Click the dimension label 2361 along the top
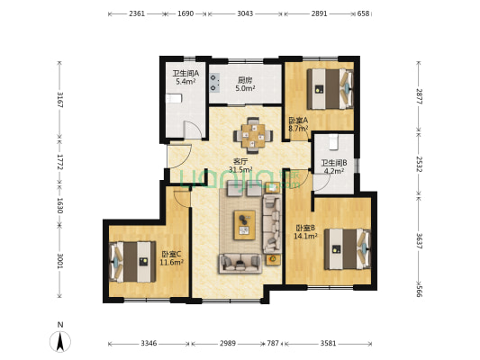point(137,13)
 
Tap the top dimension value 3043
point(245,13)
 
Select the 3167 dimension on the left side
point(60,100)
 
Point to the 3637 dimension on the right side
point(419,241)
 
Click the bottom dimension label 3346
point(149,344)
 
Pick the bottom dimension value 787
point(273,344)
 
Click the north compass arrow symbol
point(60,341)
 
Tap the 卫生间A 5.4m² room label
point(186,77)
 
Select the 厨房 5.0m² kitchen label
point(245,84)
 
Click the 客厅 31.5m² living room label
point(240,166)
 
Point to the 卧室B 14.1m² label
point(305,232)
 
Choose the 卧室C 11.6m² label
point(171,258)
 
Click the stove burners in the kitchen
point(214,82)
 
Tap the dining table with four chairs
point(253,136)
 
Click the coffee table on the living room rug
point(245,225)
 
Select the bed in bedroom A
point(330,89)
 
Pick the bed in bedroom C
point(132,262)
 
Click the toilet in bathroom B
point(333,142)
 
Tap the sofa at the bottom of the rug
point(240,264)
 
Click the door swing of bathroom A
point(192,130)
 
